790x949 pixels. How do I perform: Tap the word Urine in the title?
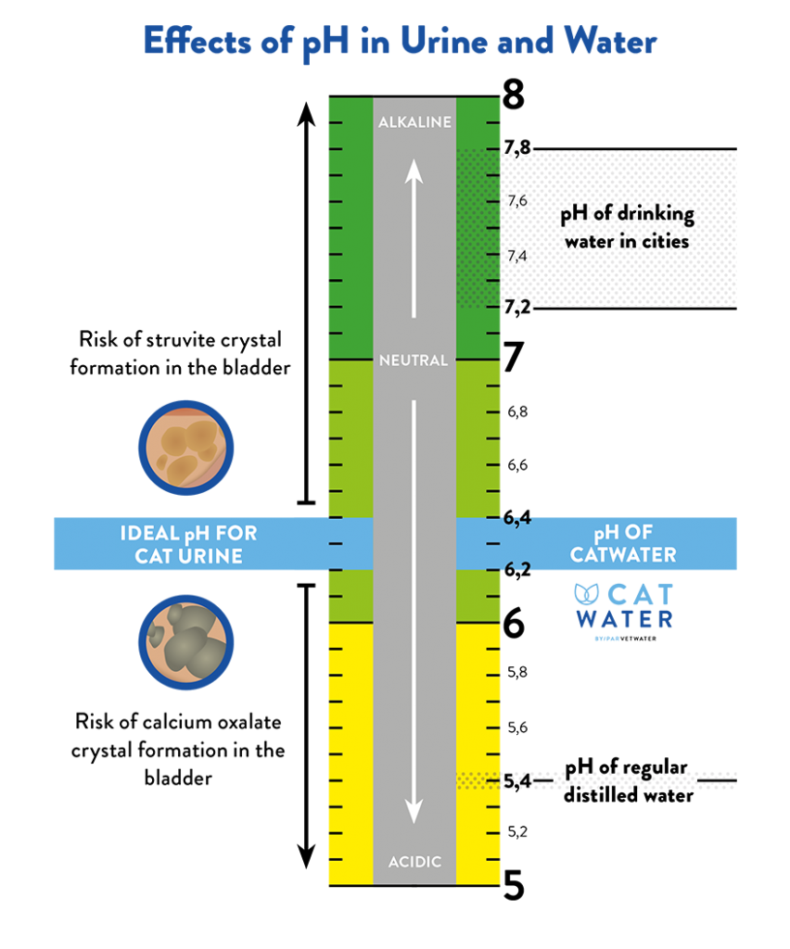point(447,43)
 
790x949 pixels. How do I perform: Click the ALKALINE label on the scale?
point(414,122)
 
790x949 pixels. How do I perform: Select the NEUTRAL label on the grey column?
point(414,361)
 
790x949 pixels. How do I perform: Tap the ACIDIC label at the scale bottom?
point(414,862)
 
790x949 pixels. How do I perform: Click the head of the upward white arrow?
point(414,171)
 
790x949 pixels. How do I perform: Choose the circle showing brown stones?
point(185,448)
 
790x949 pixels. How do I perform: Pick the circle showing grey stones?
point(185,641)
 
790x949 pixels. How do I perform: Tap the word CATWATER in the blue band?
point(622,555)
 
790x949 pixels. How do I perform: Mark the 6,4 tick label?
point(516,519)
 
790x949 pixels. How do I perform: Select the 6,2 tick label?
point(516,567)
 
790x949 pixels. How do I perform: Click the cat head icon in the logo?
point(588,594)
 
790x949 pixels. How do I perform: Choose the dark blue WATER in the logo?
point(624,618)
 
